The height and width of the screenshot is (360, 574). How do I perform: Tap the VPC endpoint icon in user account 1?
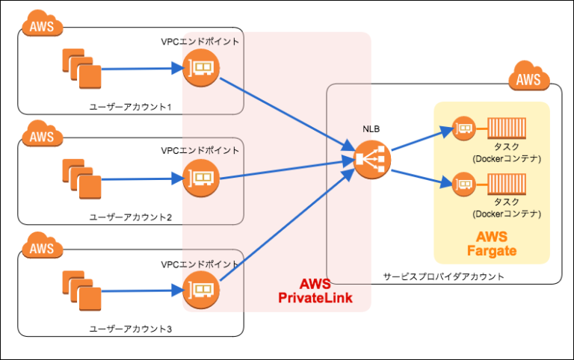pyautogui.click(x=200, y=68)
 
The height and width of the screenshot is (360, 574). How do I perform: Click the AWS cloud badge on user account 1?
pyautogui.click(x=43, y=26)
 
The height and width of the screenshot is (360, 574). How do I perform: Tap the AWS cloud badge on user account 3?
pyautogui.click(x=43, y=246)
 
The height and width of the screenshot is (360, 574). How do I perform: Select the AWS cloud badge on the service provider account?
pyautogui.click(x=528, y=78)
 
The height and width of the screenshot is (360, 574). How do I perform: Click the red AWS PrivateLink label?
pyautogui.click(x=315, y=291)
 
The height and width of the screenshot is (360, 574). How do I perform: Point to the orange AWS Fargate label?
pyautogui.click(x=491, y=243)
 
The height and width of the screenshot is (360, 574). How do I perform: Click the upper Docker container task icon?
pyautogui.click(x=507, y=128)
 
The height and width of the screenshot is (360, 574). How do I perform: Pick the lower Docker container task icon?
pyautogui.click(x=507, y=181)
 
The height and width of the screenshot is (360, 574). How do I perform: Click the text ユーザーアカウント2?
pyautogui.click(x=131, y=217)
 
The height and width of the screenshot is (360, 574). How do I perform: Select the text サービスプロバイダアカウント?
pyautogui.click(x=443, y=276)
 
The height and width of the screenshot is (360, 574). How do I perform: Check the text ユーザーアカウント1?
pyautogui.click(x=131, y=107)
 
